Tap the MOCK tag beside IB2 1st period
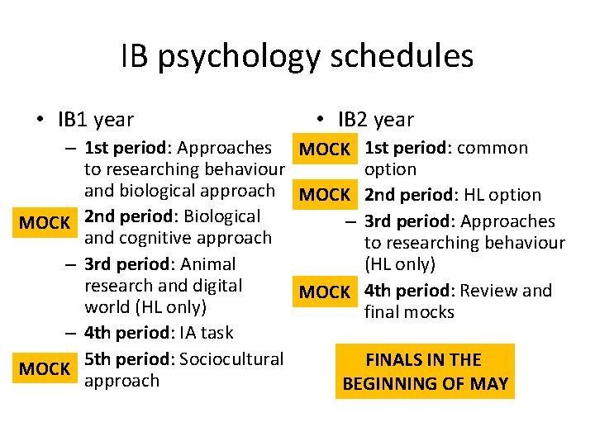pyautogui.click(x=325, y=149)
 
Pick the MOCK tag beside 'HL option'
pyautogui.click(x=325, y=195)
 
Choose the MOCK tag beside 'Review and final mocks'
pyautogui.click(x=325, y=292)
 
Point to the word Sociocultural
pyautogui.click(x=231, y=359)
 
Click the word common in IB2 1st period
pyautogui.click(x=493, y=148)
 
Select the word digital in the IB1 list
pyautogui.click(x=215, y=286)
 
